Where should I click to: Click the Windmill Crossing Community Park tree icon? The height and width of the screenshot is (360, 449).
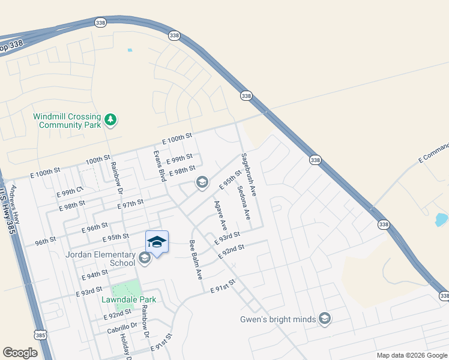point(110,120)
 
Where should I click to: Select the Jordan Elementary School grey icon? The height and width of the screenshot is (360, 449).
point(144,258)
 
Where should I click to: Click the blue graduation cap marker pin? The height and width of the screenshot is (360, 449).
point(157,242)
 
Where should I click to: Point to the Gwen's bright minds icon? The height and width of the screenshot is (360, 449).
point(325,318)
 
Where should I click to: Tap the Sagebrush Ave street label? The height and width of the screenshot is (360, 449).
point(249,175)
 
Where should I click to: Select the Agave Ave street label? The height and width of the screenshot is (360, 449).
point(220,215)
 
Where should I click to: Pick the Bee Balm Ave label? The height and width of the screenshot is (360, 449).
point(195,260)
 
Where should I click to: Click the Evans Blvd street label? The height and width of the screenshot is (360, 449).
point(159,166)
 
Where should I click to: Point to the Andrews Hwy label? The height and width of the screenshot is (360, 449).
point(15,203)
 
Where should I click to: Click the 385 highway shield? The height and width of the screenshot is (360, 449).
point(40,335)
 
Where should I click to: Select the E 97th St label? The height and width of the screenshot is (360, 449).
point(131,204)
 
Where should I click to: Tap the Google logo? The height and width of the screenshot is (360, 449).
point(20,353)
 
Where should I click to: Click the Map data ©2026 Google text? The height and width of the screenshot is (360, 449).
point(411,355)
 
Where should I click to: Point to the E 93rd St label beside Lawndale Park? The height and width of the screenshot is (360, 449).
point(89,292)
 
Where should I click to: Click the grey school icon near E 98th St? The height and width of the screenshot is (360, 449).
point(202,183)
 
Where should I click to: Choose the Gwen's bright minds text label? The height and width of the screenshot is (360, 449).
point(278,319)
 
